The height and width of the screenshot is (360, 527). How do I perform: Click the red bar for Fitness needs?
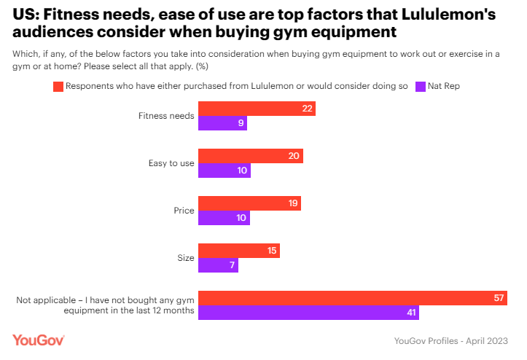click(257, 109)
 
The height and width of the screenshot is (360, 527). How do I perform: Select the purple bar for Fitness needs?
click(223, 123)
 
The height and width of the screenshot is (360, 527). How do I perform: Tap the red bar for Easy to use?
click(251, 156)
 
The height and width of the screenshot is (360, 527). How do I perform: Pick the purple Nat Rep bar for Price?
click(225, 218)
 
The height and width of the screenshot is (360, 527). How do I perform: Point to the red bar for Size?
click(239, 251)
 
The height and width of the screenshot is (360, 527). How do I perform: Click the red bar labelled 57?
click(353, 298)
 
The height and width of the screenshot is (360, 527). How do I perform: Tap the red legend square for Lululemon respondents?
click(58, 86)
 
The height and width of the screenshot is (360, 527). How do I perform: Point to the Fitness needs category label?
click(166, 116)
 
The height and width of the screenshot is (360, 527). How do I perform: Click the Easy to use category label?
click(171, 163)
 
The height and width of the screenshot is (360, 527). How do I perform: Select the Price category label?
click(184, 211)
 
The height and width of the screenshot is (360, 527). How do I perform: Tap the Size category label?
click(185, 258)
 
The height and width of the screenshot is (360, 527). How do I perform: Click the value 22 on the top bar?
click(307, 109)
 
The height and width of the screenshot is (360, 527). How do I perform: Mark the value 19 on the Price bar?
click(293, 203)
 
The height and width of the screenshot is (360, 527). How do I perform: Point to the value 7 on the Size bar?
click(232, 265)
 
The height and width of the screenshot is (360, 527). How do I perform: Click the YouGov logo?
click(39, 340)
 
